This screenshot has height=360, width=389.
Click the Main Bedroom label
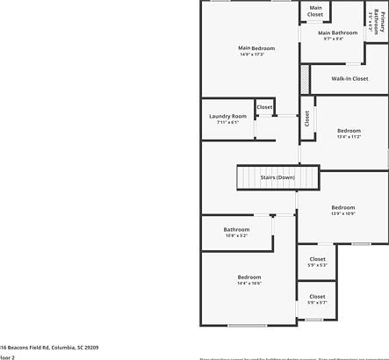256,47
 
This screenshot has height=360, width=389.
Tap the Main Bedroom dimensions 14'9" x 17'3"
256,54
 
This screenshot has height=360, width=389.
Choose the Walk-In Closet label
349,79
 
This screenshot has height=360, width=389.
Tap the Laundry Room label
227,116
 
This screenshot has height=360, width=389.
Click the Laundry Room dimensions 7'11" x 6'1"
227,122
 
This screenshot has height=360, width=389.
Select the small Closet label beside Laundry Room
264,107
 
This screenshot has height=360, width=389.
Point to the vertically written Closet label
306,118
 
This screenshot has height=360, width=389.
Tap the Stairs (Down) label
253,177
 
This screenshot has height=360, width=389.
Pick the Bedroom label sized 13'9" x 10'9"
343,207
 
